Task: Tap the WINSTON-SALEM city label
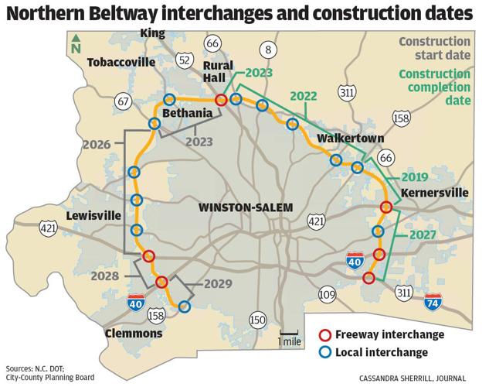(243, 207)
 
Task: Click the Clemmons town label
(134, 334)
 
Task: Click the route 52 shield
(185, 60)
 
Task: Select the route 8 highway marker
(268, 50)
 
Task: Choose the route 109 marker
(327, 293)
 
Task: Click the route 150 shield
(256, 320)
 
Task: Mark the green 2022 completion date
(303, 96)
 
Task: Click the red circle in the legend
(325, 335)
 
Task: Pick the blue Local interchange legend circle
(325, 353)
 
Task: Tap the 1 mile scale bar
(290, 335)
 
